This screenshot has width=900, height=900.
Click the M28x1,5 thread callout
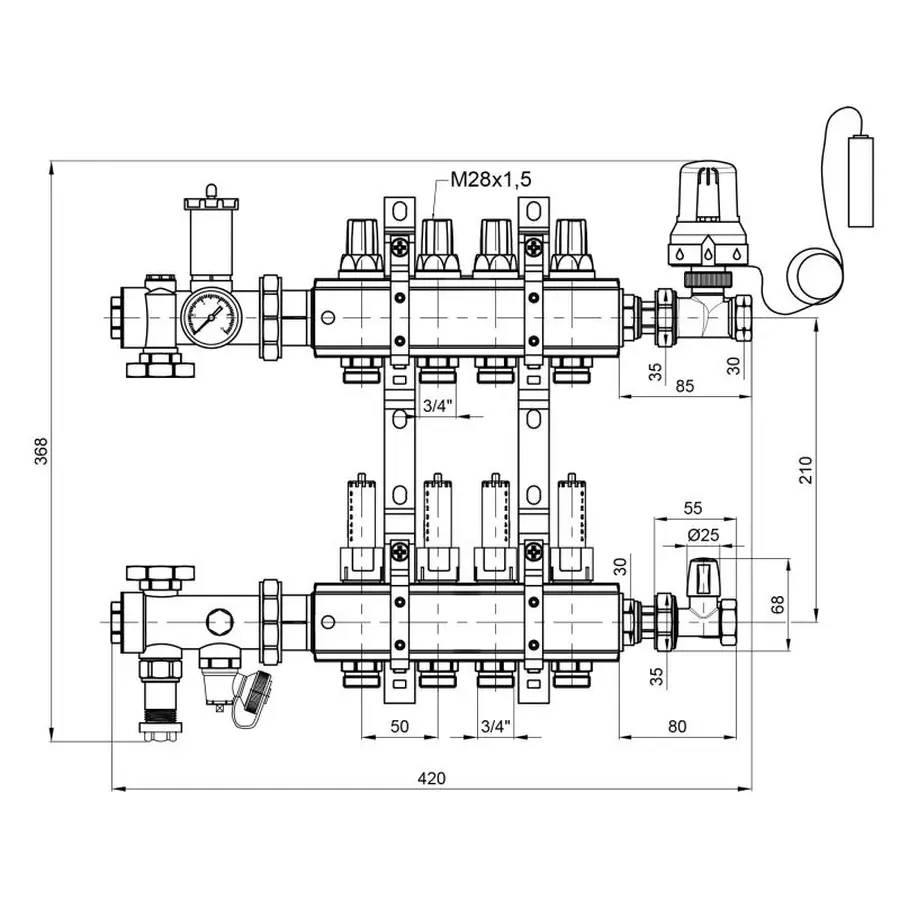[x=491, y=180]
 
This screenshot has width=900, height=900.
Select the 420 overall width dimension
[x=431, y=778]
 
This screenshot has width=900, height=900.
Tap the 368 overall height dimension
[x=41, y=451]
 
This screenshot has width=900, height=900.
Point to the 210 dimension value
[x=806, y=470]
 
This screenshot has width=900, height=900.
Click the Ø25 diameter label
[x=703, y=535]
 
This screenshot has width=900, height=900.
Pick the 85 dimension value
[x=684, y=386]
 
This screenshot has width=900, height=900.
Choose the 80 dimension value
[x=677, y=727]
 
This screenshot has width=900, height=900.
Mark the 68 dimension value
[x=777, y=604]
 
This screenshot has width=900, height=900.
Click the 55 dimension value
[x=693, y=508]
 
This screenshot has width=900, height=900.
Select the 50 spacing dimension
[x=399, y=727]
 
